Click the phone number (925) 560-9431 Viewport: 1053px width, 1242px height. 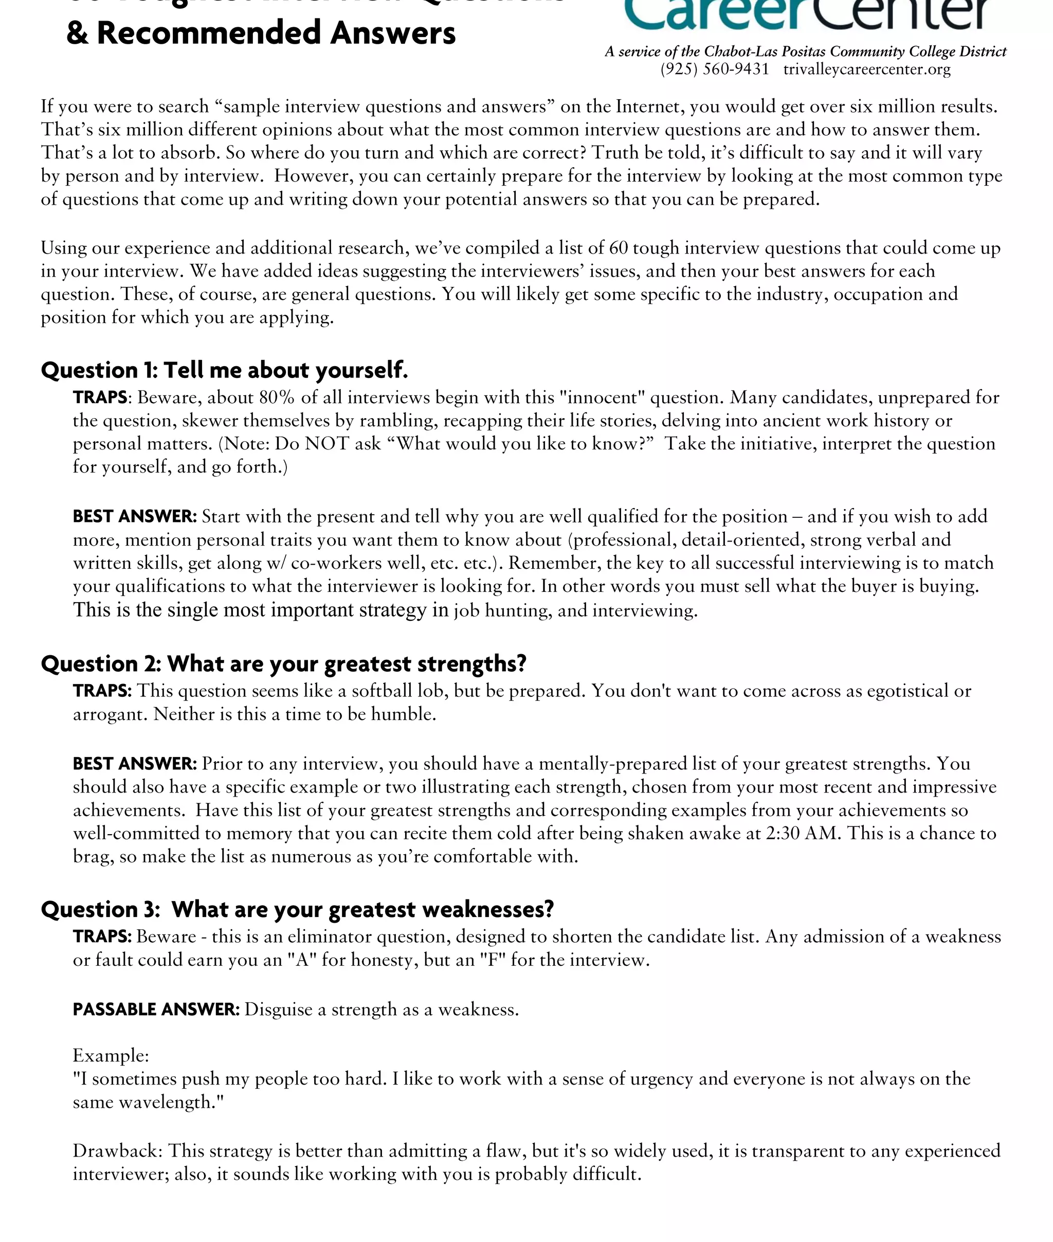715,69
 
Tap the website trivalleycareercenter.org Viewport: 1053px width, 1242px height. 867,69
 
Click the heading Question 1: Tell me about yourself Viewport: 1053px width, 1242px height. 225,370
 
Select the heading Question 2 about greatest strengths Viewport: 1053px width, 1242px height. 283,663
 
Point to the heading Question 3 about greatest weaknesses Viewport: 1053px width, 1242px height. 297,909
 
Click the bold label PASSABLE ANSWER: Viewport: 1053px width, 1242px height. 156,1009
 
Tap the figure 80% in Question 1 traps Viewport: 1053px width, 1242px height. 277,398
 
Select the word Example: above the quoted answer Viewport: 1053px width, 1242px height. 111,1056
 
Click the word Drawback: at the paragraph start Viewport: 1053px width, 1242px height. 118,1150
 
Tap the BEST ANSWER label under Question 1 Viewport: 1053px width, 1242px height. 134,516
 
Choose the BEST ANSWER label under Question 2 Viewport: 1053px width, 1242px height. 134,764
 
